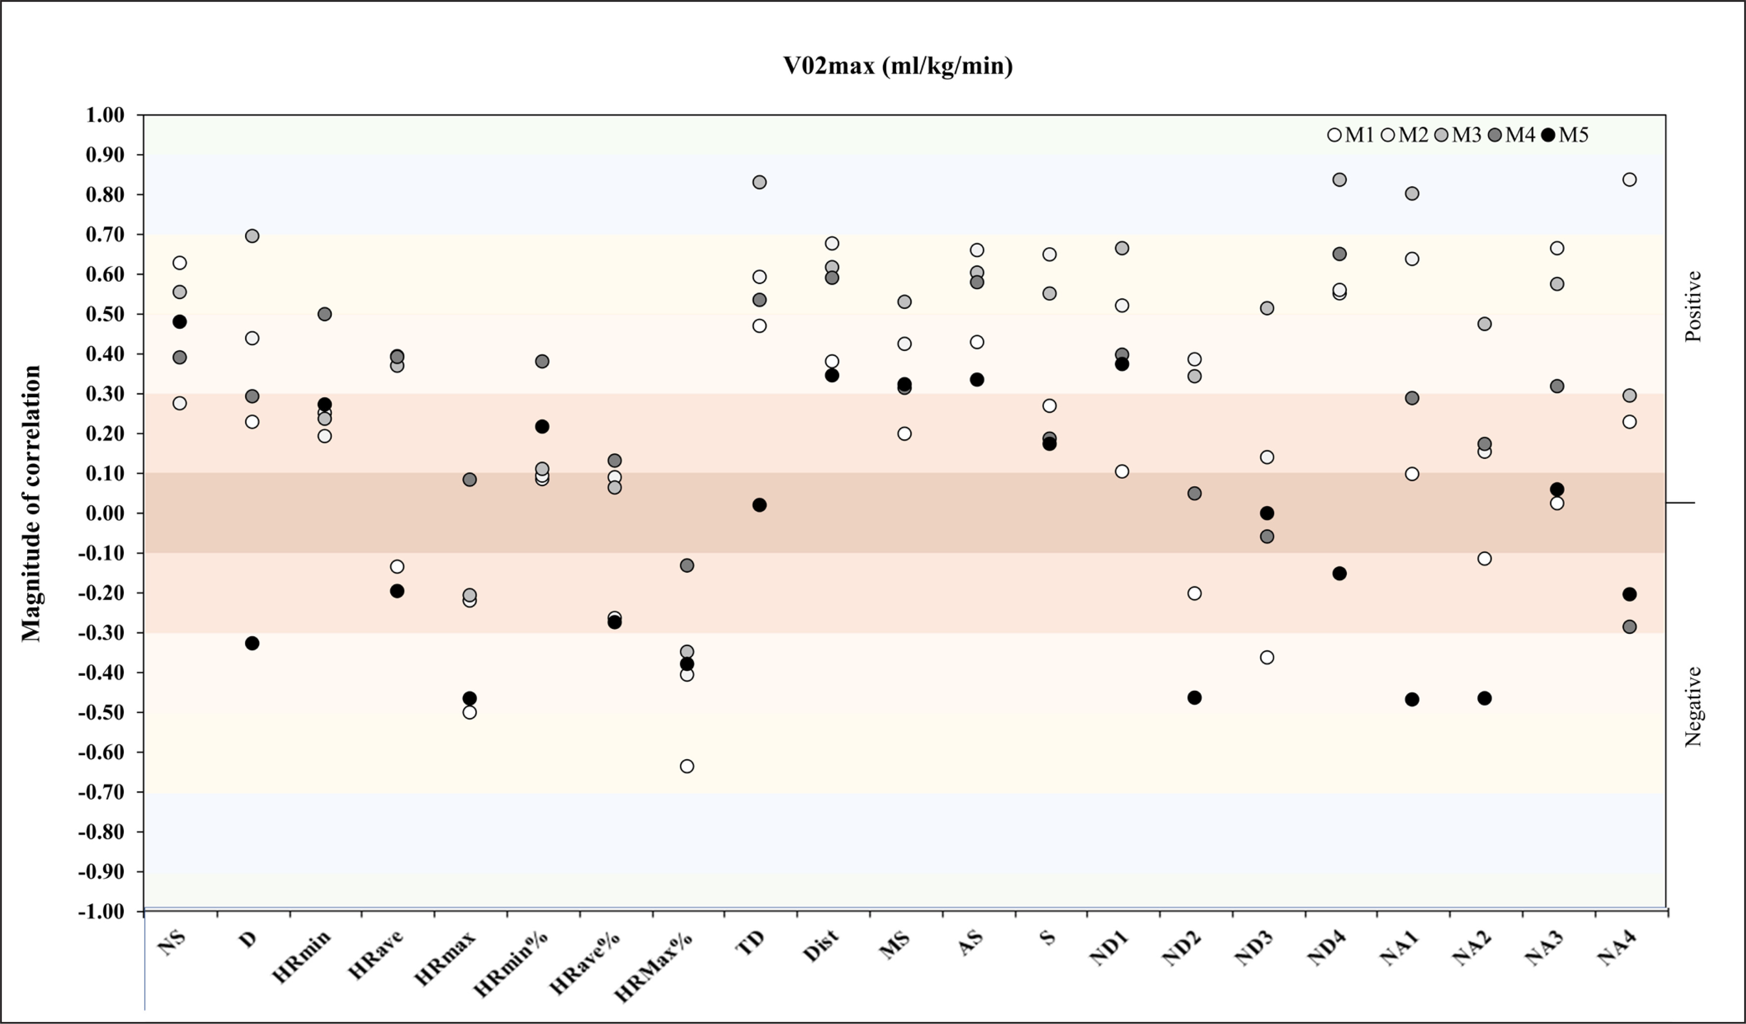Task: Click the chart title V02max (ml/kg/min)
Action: point(898,66)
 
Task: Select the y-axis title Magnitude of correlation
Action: point(31,504)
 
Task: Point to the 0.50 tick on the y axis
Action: point(105,314)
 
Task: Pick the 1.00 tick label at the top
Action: point(105,115)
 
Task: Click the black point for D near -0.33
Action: point(252,644)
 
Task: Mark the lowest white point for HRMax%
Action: point(687,767)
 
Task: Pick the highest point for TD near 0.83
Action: point(760,182)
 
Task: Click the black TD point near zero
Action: point(760,505)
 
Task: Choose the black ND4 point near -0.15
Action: point(1339,574)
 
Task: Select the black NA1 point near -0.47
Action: point(1412,700)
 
